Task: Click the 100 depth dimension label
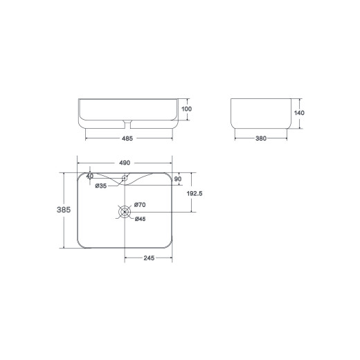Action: pyautogui.click(x=186, y=109)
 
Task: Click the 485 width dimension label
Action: pyautogui.click(x=127, y=138)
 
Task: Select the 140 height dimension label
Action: pyautogui.click(x=299, y=113)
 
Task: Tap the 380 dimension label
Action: pyautogui.click(x=261, y=138)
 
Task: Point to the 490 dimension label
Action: pyautogui.click(x=125, y=163)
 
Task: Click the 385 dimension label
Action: pyautogui.click(x=64, y=210)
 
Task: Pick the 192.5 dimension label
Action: pyautogui.click(x=195, y=193)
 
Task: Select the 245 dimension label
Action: pyautogui.click(x=149, y=258)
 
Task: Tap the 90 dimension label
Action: pyautogui.click(x=178, y=179)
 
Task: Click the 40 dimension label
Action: pyautogui.click(x=90, y=176)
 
